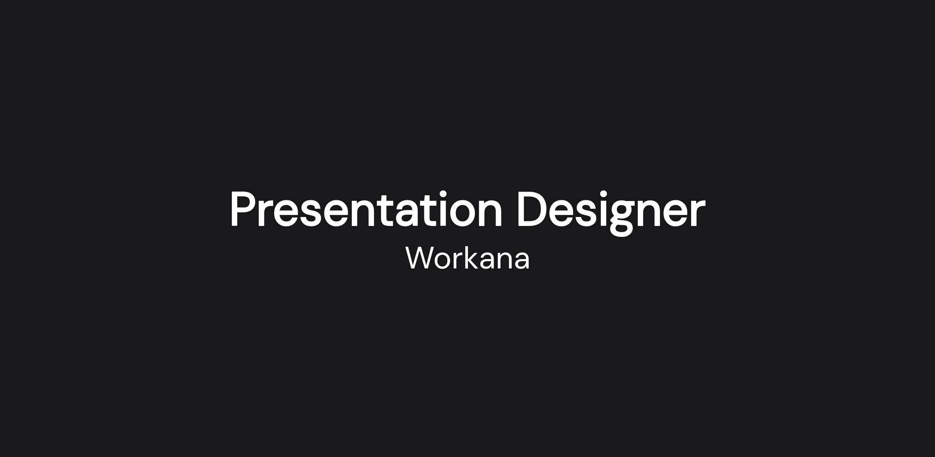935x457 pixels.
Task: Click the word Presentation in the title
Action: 366,209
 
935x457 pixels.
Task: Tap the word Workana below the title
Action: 467,258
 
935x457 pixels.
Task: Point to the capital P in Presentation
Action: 244,209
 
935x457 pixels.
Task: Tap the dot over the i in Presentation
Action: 443,194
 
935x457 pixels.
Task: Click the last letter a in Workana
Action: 521,260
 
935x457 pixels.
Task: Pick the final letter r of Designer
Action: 698,214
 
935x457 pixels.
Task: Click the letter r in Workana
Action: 459,260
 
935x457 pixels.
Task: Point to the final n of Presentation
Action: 491,214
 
